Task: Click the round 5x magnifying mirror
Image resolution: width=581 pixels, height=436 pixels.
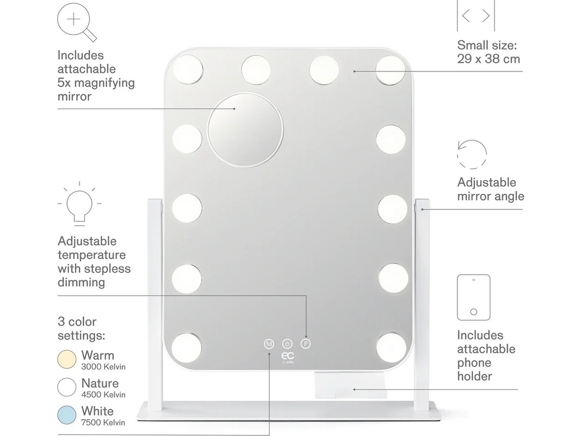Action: coord(245,130)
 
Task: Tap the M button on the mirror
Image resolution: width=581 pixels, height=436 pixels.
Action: coord(269,344)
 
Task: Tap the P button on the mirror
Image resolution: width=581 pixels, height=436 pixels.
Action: coord(306,343)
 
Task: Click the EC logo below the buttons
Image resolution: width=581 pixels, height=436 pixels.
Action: coord(288,356)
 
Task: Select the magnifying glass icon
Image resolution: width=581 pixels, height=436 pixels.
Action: coord(77,22)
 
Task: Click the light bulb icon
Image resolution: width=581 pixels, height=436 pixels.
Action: coord(79,204)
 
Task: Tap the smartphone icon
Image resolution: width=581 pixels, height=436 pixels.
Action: coord(474,297)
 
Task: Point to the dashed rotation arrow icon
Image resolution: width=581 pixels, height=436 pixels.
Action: coord(472,155)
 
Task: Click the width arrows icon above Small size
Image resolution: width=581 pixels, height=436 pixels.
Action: coord(475,16)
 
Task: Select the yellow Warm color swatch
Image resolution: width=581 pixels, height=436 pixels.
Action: coord(67,359)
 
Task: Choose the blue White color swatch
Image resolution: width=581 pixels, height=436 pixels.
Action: coord(67,415)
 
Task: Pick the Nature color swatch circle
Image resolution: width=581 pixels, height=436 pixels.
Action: coord(67,387)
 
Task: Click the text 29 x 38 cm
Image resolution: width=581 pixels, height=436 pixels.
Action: coord(489,59)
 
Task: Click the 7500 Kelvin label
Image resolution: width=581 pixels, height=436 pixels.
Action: coord(103,422)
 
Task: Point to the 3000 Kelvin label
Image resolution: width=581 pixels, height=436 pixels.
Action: coord(103,367)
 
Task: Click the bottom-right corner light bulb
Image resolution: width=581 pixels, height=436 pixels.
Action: coord(391,347)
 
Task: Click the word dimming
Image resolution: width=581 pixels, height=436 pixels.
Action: coord(81,283)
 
